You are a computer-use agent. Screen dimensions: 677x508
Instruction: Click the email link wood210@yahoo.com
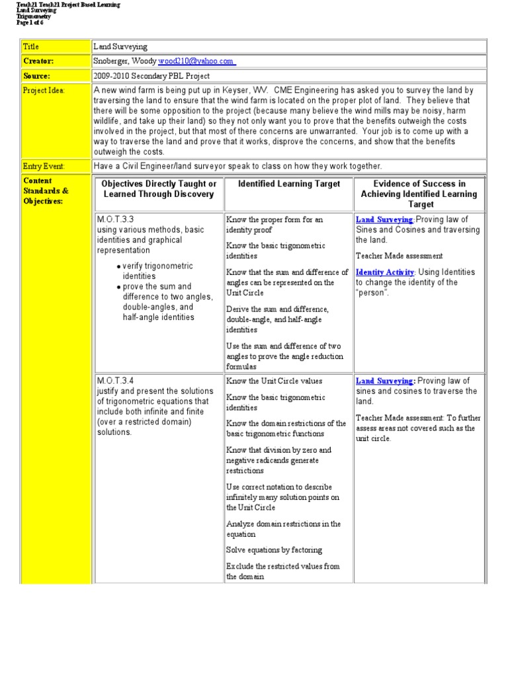(196, 61)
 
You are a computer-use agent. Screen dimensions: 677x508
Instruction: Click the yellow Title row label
(32, 47)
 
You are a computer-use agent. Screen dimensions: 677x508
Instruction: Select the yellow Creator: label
(38, 61)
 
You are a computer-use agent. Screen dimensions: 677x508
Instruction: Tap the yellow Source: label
(36, 76)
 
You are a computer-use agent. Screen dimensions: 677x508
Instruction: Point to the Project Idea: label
(44, 91)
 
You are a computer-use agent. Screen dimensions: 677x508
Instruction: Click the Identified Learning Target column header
(289, 184)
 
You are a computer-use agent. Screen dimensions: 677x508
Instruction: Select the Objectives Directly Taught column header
(159, 189)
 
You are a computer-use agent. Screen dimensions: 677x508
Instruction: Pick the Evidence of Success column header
(419, 194)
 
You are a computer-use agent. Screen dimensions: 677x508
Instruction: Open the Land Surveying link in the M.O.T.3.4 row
(386, 381)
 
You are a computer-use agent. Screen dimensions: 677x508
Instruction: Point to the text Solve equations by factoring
(274, 550)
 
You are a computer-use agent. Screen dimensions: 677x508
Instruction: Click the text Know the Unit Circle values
(274, 381)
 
